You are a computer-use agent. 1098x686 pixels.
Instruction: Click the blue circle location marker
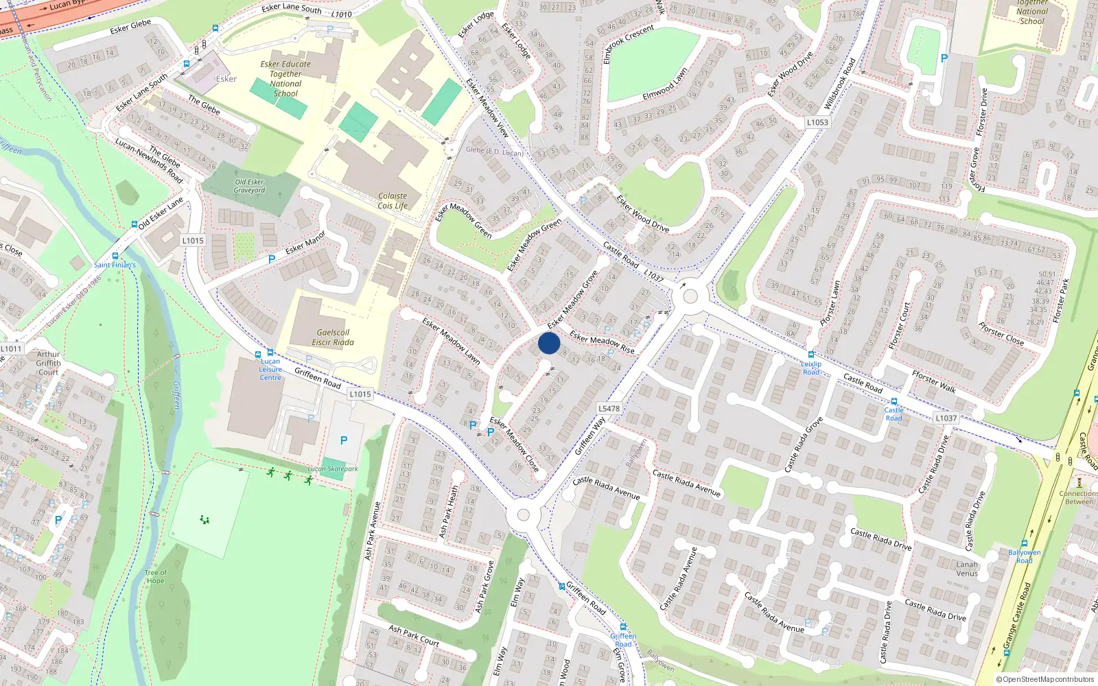point(549,343)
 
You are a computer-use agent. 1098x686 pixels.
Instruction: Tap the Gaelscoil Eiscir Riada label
point(333,338)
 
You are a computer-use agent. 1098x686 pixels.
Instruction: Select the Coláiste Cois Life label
point(393,200)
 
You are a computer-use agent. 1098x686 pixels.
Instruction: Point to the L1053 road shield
point(817,122)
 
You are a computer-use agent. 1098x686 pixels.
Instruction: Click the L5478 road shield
point(609,408)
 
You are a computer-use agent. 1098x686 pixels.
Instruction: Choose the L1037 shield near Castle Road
point(946,418)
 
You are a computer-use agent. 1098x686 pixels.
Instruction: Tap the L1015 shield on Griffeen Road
point(360,394)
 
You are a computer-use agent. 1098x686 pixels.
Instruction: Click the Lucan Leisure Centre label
point(270,369)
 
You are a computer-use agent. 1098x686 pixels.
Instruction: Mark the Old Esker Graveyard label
point(249,186)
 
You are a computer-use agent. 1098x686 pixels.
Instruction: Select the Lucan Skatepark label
point(333,469)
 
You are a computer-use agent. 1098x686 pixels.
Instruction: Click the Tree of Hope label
point(155,576)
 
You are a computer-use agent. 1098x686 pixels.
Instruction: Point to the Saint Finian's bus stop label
point(115,265)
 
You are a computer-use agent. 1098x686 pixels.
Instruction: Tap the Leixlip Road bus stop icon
point(811,355)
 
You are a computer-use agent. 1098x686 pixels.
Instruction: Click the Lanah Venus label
point(967,569)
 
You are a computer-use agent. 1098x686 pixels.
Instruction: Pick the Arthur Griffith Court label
point(48,363)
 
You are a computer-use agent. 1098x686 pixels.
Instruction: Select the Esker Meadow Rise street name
point(602,343)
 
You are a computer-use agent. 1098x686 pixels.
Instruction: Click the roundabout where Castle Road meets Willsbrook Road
point(690,297)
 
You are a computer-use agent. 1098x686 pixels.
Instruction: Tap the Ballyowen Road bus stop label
point(1024,556)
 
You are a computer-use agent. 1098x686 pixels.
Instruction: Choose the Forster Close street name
point(1001,333)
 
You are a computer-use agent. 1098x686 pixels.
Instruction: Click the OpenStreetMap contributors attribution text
point(1045,679)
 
